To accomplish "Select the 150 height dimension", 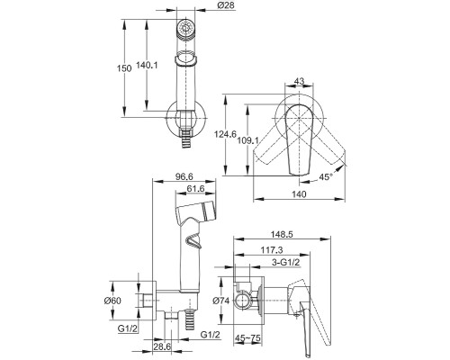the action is click(x=124, y=68).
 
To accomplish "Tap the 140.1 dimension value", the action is click(x=147, y=65).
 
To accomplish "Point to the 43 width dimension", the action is click(x=299, y=81).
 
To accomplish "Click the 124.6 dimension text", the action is click(x=225, y=134).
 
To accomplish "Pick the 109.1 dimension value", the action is click(x=248, y=140).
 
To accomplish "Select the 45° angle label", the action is click(x=326, y=177).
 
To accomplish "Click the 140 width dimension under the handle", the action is click(x=299, y=194).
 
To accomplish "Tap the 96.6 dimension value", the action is click(x=184, y=176).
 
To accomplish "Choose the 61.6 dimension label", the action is click(x=195, y=189).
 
